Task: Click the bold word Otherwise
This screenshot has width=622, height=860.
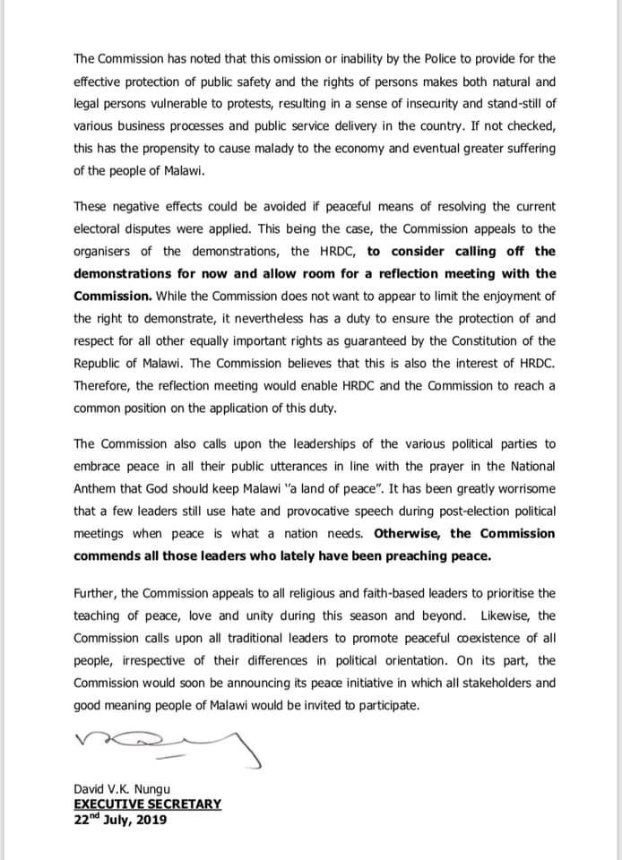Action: (409, 533)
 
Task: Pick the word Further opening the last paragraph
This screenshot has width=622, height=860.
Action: (96, 593)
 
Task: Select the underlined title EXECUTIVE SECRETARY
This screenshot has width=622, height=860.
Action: (147, 804)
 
